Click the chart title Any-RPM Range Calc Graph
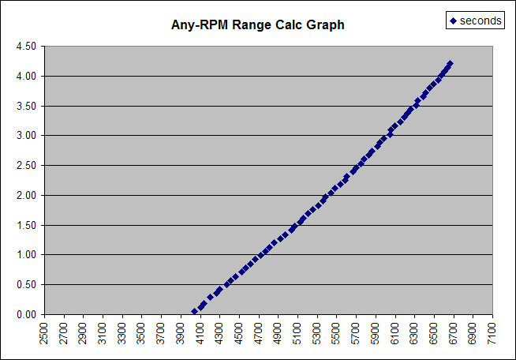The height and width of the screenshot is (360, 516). coord(258,24)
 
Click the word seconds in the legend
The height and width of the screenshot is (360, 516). coord(480,21)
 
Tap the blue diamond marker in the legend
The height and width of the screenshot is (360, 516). coord(453,21)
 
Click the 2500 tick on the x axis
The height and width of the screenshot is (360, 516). coord(43,332)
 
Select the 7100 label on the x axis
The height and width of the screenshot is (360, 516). coord(492,332)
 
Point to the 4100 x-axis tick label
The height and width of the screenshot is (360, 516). coord(200,332)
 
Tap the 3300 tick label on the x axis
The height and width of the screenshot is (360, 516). coord(122,332)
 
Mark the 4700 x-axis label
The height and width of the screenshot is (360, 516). coord(258,332)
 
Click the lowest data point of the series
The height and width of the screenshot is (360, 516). coord(194,312)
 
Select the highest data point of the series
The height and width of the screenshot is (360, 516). coord(450,64)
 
